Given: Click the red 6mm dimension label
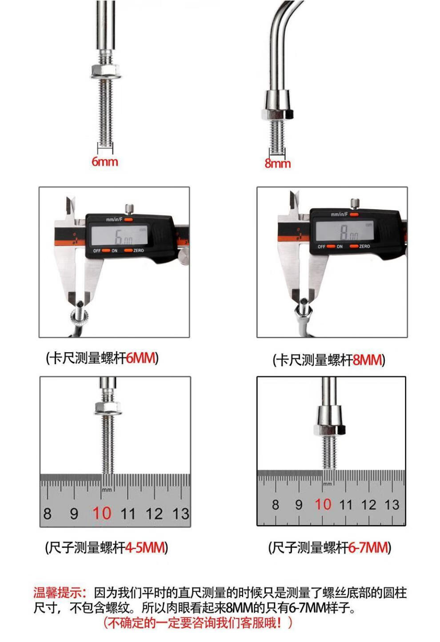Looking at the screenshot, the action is tap(104, 162).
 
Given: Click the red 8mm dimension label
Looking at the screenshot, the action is tap(277, 163).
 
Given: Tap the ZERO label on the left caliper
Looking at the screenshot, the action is tap(139, 251).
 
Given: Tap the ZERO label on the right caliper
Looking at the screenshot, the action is tap(364, 246).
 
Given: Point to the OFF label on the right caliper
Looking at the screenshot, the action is tap(321, 247).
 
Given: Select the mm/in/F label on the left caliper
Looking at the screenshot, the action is tap(114, 219).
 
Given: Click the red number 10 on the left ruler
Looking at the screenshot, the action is tap(102, 513).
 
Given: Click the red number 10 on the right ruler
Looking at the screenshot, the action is tap(323, 504).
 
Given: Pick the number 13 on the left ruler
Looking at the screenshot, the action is tap(180, 513).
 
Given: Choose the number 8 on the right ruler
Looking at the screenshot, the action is tap(276, 504).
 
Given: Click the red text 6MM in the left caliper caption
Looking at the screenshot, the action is tap(140, 358).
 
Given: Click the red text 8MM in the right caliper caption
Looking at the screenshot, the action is tap(367, 360).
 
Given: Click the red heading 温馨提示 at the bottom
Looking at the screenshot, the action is tap(57, 593).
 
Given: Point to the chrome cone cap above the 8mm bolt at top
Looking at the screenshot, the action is tap(277, 100).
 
